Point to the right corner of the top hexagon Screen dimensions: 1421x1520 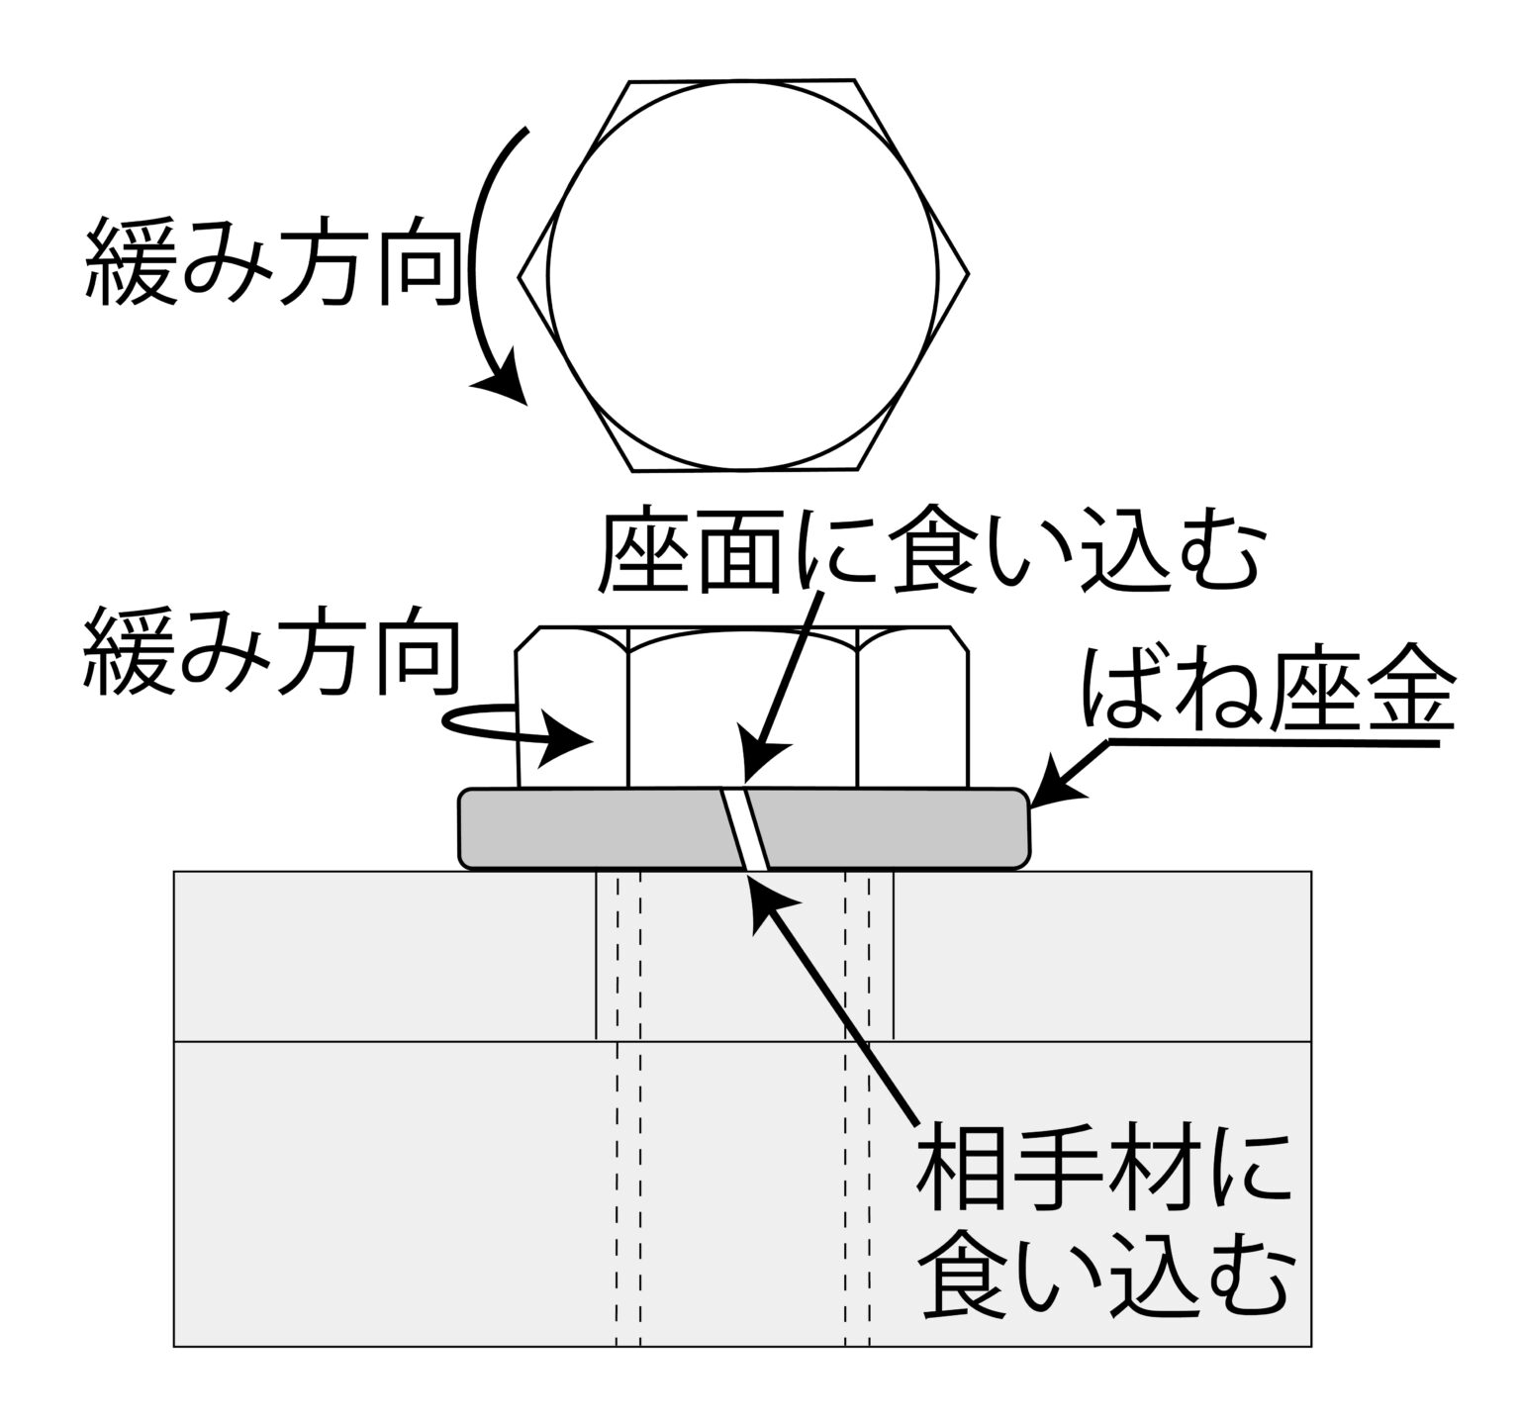point(966,274)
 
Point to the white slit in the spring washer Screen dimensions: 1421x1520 point(745,829)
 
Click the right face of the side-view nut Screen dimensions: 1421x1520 point(910,717)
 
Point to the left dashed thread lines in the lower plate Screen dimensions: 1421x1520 point(628,1187)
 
